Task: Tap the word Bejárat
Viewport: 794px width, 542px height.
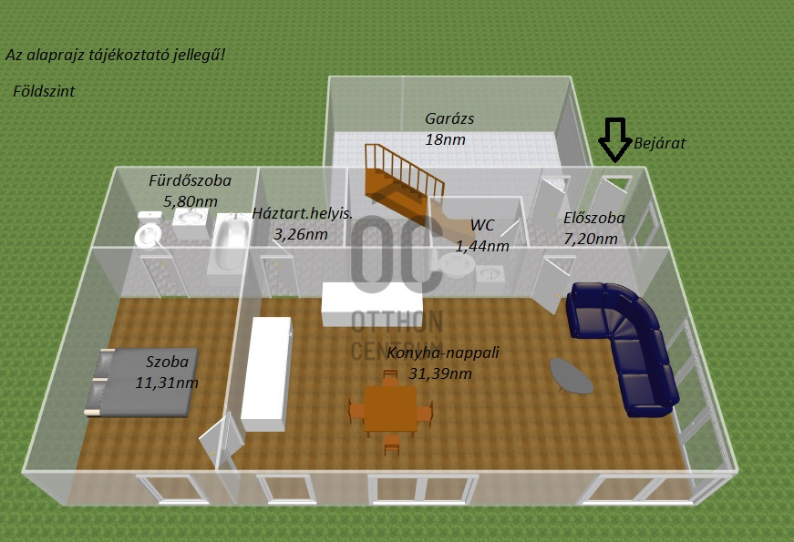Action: point(659,143)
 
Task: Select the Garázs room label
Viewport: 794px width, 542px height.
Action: point(449,118)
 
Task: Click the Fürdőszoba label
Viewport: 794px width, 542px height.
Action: point(190,180)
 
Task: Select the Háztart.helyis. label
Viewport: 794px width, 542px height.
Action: point(302,214)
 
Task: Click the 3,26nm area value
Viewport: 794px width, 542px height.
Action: point(300,235)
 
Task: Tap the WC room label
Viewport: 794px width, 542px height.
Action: point(482,225)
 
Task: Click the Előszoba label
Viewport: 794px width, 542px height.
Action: point(593,219)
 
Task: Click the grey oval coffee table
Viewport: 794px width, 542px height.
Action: point(572,374)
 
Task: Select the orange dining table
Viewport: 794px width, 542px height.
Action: point(390,407)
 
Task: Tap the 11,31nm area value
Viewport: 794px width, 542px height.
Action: point(166,382)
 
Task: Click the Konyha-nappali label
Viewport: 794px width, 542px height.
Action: point(443,353)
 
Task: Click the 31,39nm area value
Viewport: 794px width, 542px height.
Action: point(441,373)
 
